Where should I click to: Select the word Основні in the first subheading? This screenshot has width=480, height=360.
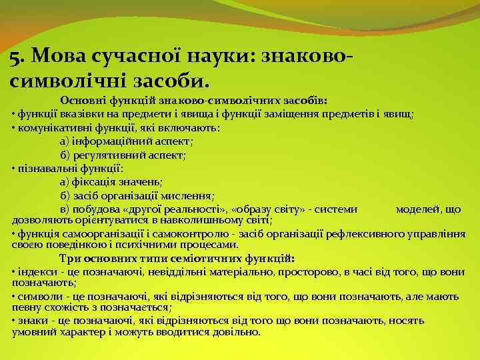[x=81, y=100]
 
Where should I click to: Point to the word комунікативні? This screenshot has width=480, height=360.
[x=53, y=127]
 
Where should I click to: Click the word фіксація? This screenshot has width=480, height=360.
[x=91, y=181]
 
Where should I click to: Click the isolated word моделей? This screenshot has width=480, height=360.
[x=417, y=209]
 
